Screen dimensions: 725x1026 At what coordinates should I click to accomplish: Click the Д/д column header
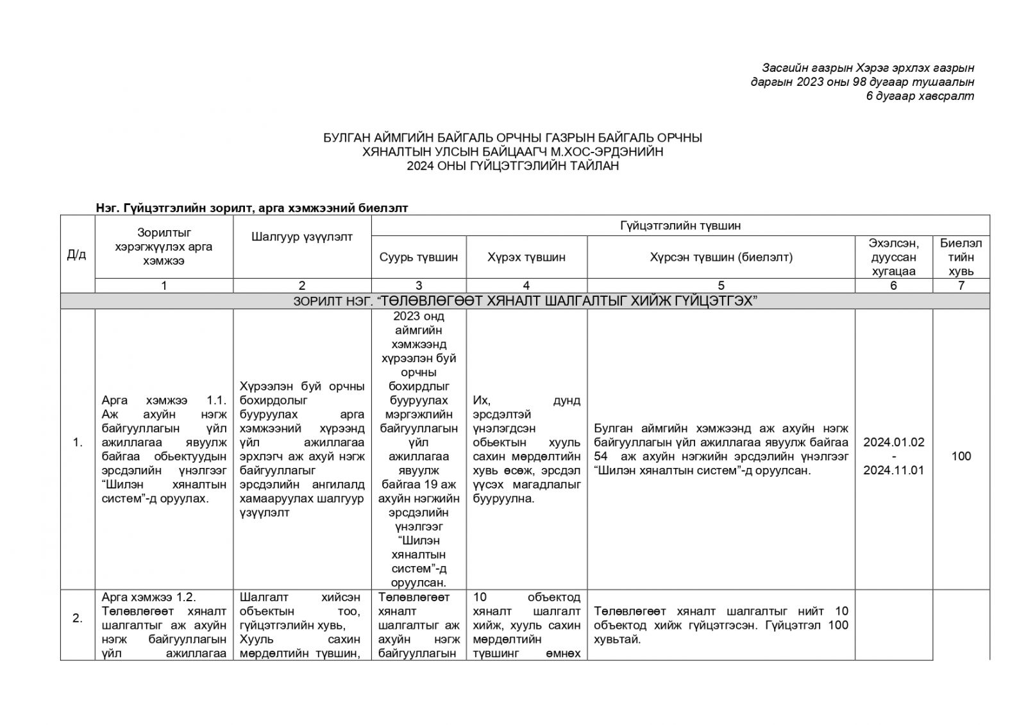pos(76,254)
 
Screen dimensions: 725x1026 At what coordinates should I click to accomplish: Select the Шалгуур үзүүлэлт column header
pos(302,237)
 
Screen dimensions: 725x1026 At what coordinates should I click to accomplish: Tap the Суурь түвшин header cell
pos(419,257)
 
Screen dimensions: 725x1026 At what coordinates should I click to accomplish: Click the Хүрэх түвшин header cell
pos(526,257)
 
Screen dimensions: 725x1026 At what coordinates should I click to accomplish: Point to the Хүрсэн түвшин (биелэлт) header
pos(721,257)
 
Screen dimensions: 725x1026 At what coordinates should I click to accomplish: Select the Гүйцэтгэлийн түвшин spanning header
pos(680,226)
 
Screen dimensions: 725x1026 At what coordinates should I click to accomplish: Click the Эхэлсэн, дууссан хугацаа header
pos(893,257)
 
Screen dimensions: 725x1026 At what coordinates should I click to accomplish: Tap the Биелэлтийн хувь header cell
pos(961,257)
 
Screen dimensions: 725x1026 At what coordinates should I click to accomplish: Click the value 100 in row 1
pos(961,456)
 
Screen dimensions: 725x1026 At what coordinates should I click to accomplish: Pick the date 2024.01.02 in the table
pos(893,442)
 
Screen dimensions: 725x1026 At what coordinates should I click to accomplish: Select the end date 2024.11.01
pos(893,471)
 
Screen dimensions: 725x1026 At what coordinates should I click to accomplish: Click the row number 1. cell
pos(78,442)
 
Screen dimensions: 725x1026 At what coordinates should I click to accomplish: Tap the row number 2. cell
pos(78,619)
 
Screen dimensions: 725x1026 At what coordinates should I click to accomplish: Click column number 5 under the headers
pos(721,286)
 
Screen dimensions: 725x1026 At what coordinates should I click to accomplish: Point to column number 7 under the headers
pos(961,286)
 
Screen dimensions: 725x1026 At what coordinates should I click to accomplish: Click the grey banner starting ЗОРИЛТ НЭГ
pos(525,301)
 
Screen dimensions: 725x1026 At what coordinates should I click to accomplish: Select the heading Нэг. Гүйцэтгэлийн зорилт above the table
pos(251,208)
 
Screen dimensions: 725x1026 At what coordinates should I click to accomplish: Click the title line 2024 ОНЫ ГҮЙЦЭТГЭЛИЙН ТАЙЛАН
pos(512,166)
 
